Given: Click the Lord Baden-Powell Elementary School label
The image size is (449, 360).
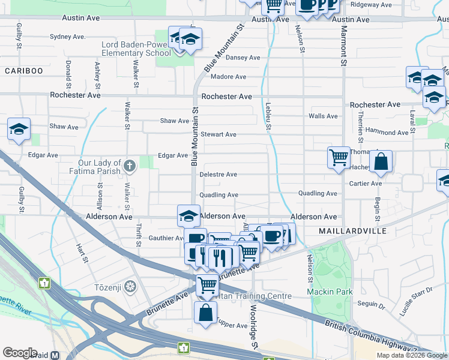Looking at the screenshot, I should coord(136,49).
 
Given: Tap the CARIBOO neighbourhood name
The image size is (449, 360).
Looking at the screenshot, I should coord(24,71).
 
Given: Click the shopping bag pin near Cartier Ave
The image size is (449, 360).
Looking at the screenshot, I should coord(381,161).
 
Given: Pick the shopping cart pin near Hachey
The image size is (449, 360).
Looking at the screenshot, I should coord(339,158).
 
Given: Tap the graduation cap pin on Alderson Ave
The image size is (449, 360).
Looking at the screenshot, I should coord(188,215).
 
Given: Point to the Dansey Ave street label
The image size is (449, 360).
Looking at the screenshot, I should coord(243,58).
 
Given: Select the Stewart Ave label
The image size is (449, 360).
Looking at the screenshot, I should coord(218,134).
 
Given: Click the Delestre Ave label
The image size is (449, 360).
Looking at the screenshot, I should coord(218,175).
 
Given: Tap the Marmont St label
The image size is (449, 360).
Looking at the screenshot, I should coord(343,46).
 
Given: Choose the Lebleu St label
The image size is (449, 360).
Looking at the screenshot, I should coord(268,116).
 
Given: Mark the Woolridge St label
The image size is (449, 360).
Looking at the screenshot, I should coord(254,329).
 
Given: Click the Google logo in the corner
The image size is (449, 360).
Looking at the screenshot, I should coord(20,353).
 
